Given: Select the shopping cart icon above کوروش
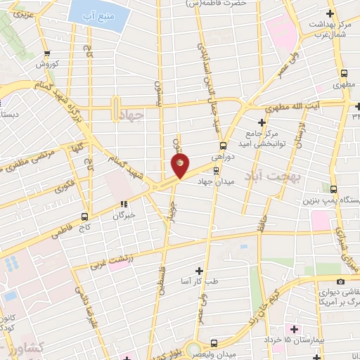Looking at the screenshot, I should [47, 53].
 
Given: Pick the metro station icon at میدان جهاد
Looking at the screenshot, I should [217, 169].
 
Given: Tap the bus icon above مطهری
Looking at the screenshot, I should [345, 73].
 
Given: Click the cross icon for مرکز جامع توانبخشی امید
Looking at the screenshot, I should [261, 123].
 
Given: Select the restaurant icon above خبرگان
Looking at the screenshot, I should [124, 205].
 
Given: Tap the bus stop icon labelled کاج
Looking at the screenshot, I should [85, 217].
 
